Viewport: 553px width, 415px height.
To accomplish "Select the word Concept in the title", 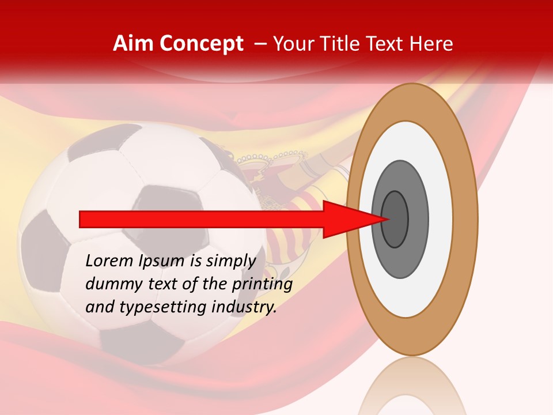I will click(x=201, y=44).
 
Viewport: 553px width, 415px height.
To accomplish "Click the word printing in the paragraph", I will click(x=262, y=284).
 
